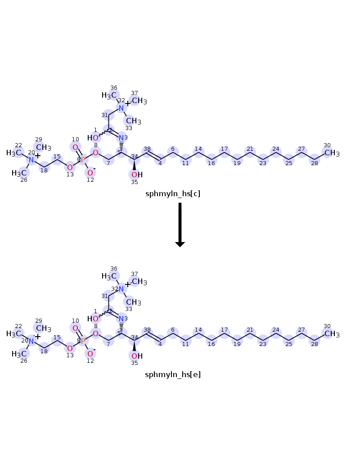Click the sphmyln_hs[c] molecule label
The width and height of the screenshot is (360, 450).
[x=173, y=193]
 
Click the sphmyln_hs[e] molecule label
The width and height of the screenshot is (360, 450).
[x=173, y=374]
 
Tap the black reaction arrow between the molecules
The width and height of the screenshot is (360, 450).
[x=180, y=225]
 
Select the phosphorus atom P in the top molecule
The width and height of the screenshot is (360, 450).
[x=83, y=160]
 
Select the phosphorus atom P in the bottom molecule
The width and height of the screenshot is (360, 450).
[x=83, y=341]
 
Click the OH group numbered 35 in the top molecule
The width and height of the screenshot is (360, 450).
[x=137, y=175]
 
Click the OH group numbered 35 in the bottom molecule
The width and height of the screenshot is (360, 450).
[x=137, y=356]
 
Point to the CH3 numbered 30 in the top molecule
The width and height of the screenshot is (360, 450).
[x=332, y=153]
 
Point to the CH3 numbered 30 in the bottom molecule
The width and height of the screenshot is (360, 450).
[x=332, y=334]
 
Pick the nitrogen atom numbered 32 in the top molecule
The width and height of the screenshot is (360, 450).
[x=121, y=108]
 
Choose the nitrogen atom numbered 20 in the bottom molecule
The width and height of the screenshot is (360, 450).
[x=31, y=341]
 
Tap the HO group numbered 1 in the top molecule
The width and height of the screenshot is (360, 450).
[x=93, y=138]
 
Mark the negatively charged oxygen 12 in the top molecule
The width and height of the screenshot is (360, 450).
[x=90, y=173]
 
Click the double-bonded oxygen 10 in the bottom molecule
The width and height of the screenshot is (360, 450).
[x=75, y=328]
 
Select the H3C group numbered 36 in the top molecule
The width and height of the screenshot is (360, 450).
[x=109, y=95]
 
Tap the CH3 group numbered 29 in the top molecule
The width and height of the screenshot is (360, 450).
[x=44, y=148]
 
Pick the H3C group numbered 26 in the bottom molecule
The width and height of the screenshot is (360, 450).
[x=19, y=354]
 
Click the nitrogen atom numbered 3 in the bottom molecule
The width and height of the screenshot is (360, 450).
[x=121, y=319]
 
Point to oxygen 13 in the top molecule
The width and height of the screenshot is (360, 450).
[x=70, y=167]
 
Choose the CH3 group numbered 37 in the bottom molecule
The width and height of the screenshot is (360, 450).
[x=139, y=282]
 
